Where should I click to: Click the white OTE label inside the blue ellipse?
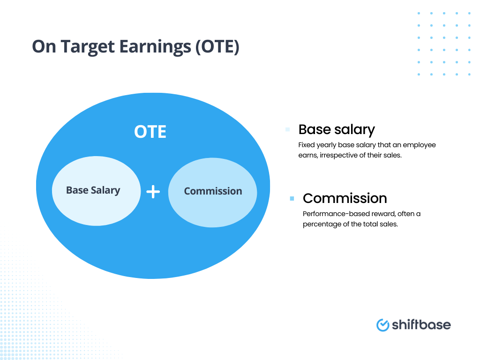pos(150,132)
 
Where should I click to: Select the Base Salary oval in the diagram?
pos(96,190)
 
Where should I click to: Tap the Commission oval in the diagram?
pos(212,191)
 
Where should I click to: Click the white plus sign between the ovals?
pos(153,191)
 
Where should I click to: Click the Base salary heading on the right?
pos(337,129)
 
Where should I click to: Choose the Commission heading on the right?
pos(345,198)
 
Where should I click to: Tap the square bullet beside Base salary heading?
pos(287,129)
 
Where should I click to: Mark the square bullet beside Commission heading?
pos(292,199)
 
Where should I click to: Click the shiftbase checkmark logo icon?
pos(383,324)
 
